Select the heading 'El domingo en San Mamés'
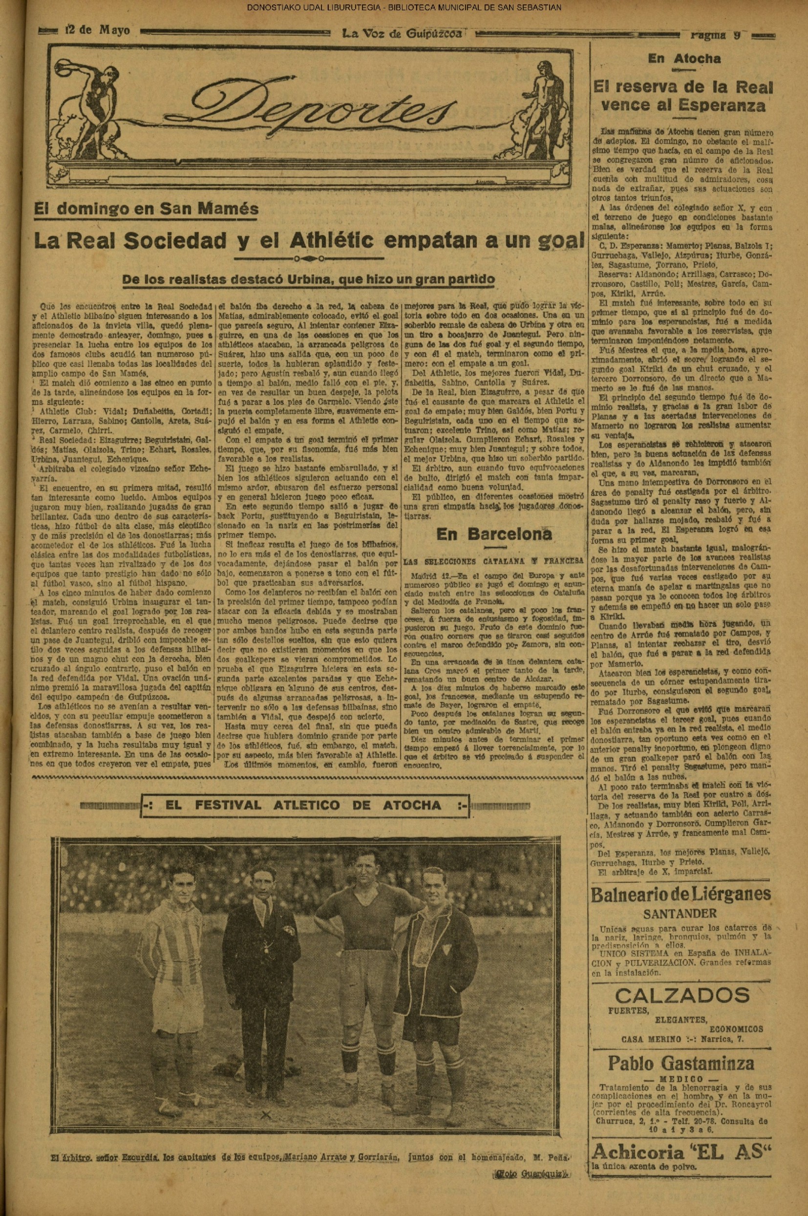click(146, 209)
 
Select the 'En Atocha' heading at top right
click(684, 59)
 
